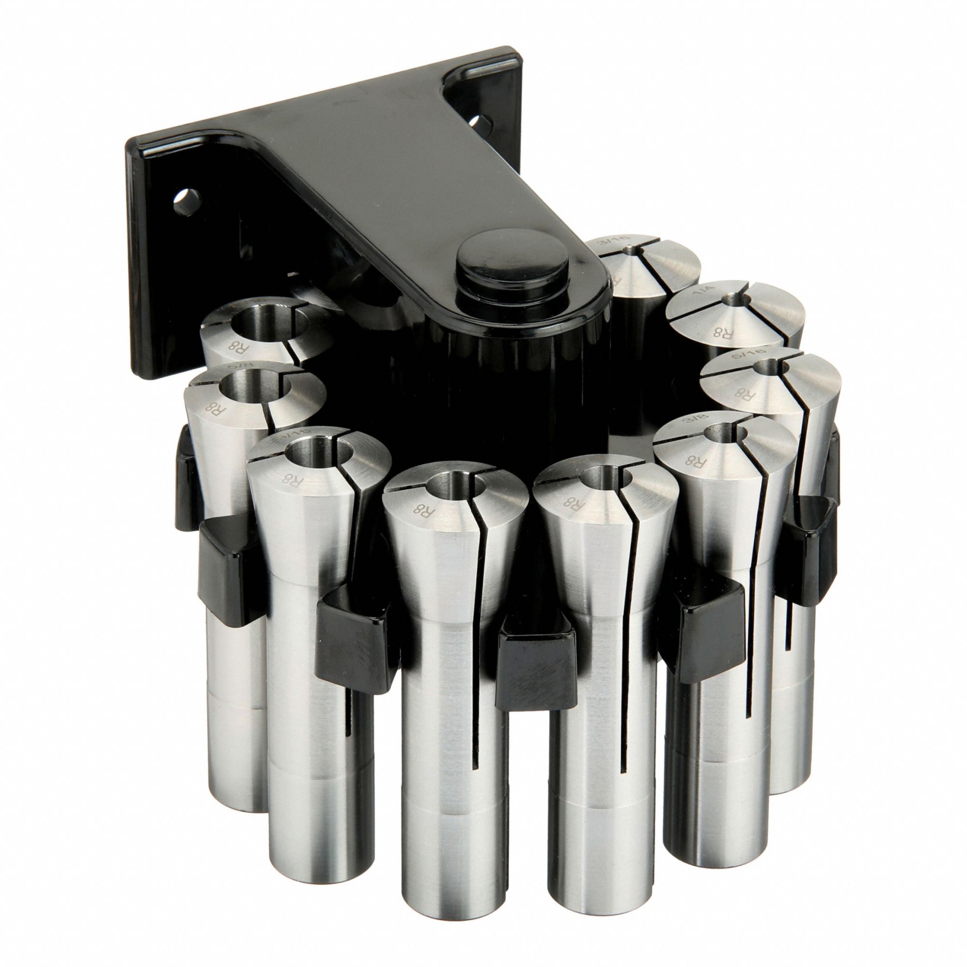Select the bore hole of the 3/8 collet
(721, 430)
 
